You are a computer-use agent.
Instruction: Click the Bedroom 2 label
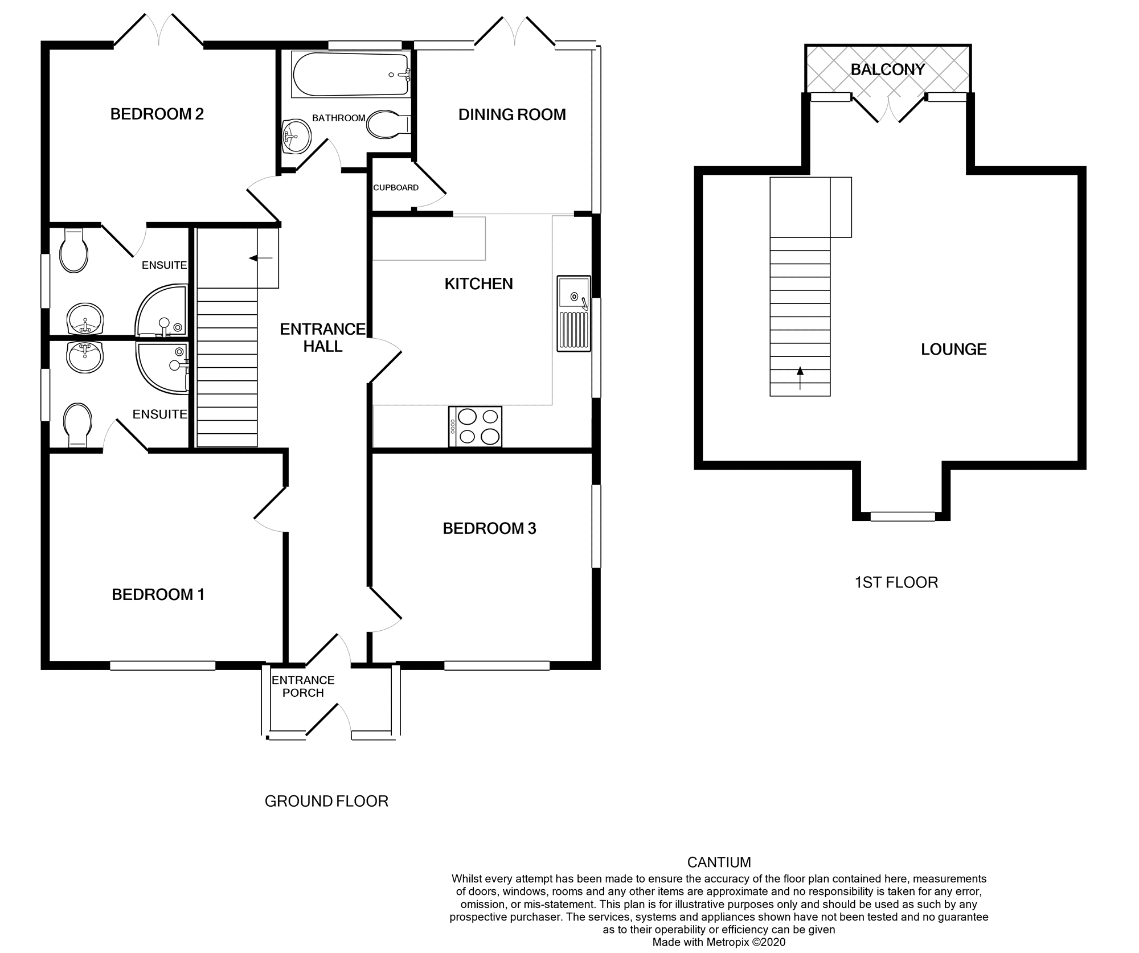(157, 114)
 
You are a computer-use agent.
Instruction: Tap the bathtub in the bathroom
(351, 74)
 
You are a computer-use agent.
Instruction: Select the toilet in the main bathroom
(387, 124)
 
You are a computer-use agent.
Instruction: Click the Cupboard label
(396, 187)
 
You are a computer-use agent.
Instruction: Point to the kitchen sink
(574, 313)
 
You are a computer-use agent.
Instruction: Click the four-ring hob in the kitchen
(476, 426)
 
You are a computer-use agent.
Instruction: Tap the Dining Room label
(512, 114)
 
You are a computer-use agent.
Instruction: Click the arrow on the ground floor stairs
(261, 258)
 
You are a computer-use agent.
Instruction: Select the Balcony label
(887, 69)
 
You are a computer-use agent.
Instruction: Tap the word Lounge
(953, 349)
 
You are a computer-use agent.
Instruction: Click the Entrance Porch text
(303, 686)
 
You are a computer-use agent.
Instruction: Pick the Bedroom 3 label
(489, 528)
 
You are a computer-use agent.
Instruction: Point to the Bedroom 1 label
(158, 594)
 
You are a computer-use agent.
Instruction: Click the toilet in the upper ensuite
(74, 250)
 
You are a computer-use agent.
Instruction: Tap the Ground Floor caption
(326, 801)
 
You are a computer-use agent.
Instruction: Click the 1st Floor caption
(896, 582)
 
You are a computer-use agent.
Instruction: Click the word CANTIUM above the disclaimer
(719, 862)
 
